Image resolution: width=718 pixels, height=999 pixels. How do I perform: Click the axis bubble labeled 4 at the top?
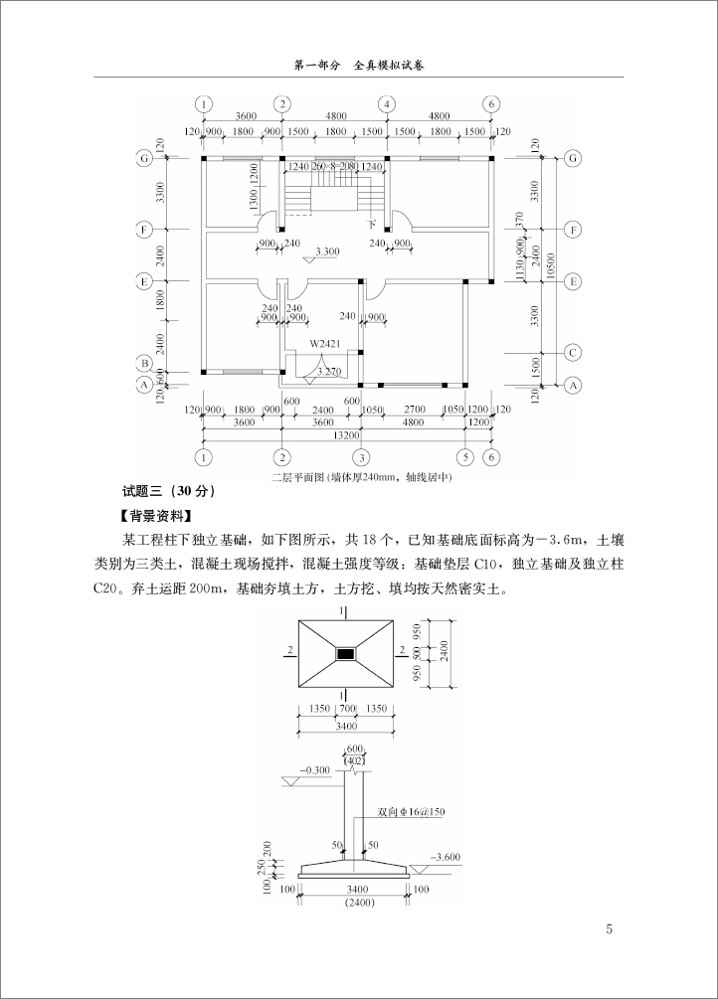click(x=385, y=103)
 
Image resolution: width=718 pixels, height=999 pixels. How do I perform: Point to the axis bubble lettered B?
click(x=145, y=364)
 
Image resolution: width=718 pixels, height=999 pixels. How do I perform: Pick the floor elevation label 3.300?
click(x=327, y=251)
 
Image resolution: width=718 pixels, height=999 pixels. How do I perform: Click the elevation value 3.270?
click(x=328, y=372)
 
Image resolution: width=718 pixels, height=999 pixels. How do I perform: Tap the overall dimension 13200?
click(x=346, y=434)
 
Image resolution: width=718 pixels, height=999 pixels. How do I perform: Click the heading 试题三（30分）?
click(x=167, y=491)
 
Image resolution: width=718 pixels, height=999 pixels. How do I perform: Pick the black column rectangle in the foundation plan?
click(x=346, y=653)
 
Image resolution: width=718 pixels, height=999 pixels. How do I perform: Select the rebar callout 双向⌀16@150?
click(x=411, y=811)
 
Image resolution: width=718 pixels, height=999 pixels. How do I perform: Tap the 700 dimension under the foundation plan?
click(x=346, y=709)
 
